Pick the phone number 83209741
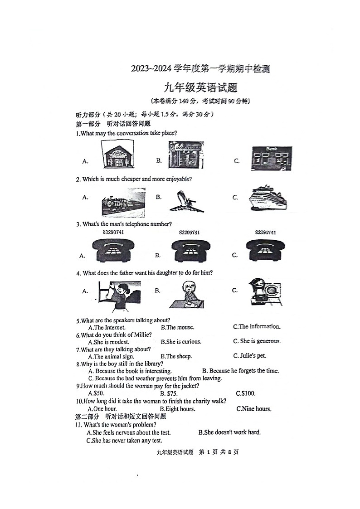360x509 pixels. point(189,233)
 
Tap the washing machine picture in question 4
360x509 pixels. point(265,292)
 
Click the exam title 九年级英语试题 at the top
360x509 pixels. point(201,88)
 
